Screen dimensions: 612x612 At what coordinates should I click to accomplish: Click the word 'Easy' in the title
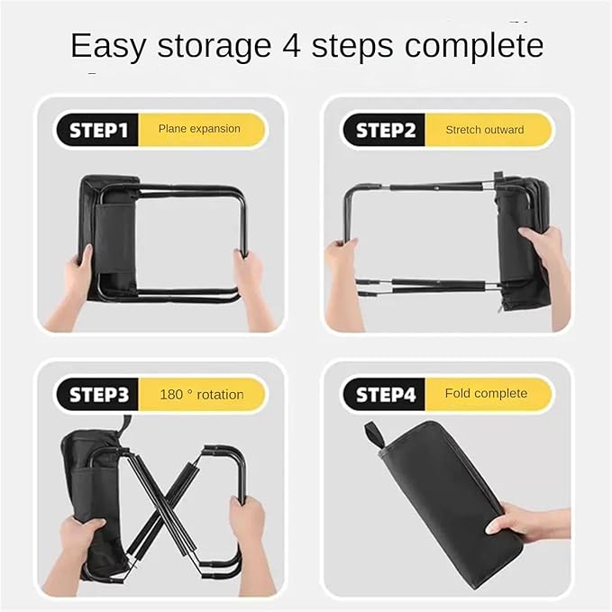(x=108, y=46)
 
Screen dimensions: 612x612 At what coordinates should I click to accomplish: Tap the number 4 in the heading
(x=291, y=45)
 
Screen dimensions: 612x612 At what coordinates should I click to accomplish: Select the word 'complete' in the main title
(x=474, y=47)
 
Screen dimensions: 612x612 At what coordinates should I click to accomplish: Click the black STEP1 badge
(x=97, y=130)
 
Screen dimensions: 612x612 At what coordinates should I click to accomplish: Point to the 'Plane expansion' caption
(x=199, y=129)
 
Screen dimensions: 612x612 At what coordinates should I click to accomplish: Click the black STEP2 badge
(x=385, y=130)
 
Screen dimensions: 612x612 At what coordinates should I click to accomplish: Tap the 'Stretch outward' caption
(x=485, y=130)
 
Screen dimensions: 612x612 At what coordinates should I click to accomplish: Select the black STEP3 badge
(x=97, y=394)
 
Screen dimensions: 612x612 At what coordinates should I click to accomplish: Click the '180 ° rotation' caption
(x=202, y=395)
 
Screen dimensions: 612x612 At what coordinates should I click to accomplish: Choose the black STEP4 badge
(x=385, y=394)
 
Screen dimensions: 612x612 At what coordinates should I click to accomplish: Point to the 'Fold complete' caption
(x=486, y=393)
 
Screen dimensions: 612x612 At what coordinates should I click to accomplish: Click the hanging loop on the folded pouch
(x=373, y=436)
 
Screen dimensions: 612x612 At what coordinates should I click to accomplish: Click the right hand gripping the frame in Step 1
(x=250, y=285)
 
